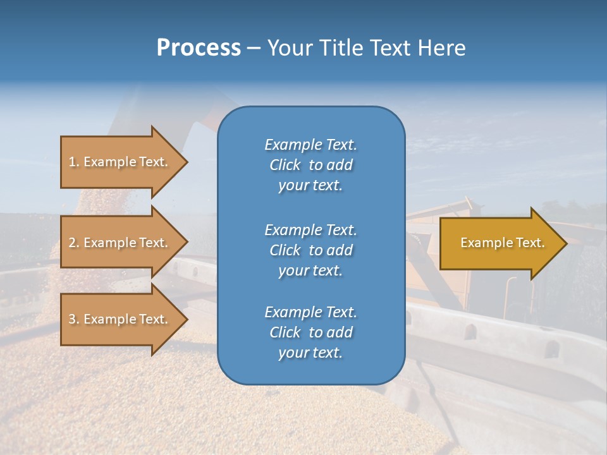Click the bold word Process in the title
[x=199, y=48]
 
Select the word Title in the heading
[x=341, y=48]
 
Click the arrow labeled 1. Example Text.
[x=120, y=162]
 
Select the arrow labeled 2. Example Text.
[x=120, y=243]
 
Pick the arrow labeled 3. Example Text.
[x=120, y=319]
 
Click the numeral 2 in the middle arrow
[x=72, y=243]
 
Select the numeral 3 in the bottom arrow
[x=72, y=319]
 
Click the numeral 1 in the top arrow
[x=72, y=162]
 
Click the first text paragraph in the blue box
[x=310, y=165]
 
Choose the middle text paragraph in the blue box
[x=310, y=250]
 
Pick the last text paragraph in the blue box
[x=310, y=332]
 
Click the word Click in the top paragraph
[x=285, y=165]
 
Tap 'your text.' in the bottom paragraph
[x=310, y=353]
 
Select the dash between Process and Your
[x=254, y=48]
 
